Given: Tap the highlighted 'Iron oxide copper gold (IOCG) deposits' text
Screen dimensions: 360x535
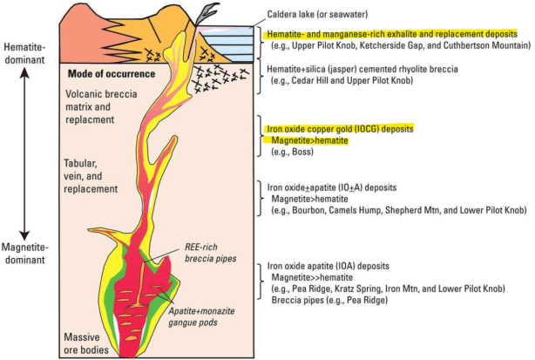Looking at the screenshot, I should (x=339, y=129).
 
